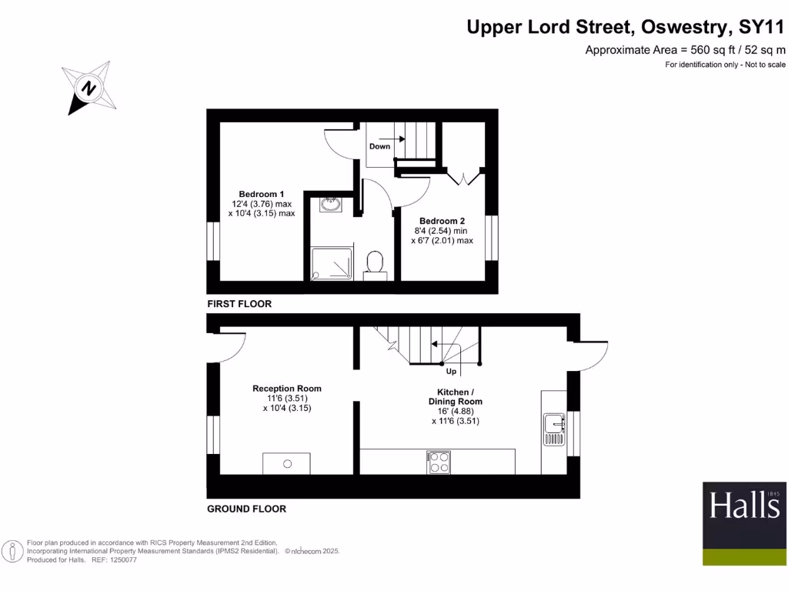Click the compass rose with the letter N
pos(90,88)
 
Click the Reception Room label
pos(287,389)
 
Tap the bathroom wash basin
pos(331,205)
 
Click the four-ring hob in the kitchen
pos(439,462)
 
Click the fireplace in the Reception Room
pos(287,463)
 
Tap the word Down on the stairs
pos(379,146)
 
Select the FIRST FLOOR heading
pos(239,304)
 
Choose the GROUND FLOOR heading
pos(246,509)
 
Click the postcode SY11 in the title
pos(760,28)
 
